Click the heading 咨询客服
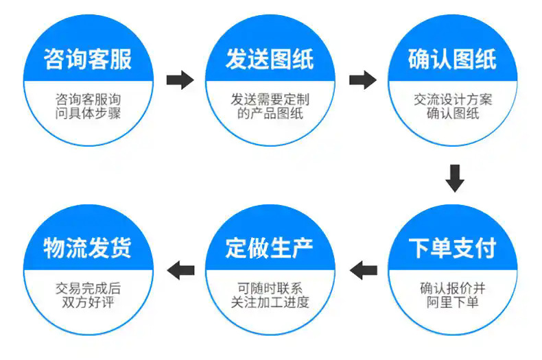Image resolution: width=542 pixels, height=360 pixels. coord(88,60)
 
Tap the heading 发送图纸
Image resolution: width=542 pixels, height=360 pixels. coord(270,60)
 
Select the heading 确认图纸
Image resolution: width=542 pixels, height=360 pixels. coord(453,60)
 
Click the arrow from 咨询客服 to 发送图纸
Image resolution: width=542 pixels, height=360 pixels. coord(180,80)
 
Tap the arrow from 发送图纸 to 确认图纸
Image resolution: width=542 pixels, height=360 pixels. coord(362,80)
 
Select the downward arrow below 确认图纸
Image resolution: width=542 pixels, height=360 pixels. coord(454,178)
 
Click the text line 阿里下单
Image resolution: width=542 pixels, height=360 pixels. coord(453,302)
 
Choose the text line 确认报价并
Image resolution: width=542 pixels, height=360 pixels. coord(453,287)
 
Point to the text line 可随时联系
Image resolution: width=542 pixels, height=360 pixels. coord(270,287)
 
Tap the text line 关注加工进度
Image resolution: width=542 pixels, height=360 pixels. coord(270,302)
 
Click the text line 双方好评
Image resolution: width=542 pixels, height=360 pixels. coord(88,302)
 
